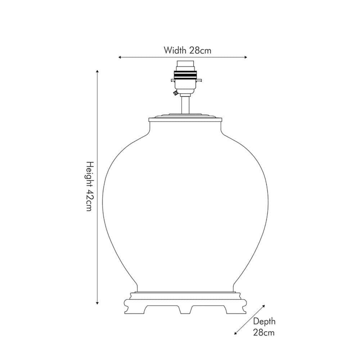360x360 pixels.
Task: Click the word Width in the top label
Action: [x=175, y=50]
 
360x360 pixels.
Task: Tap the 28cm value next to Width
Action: [x=200, y=50]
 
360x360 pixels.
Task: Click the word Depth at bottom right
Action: [x=264, y=321]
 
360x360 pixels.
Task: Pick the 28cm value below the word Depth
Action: [x=264, y=332]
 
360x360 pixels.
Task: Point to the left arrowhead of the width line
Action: [x=120, y=57]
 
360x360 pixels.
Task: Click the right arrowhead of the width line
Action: [x=246, y=57]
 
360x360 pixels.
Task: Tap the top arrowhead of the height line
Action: [x=97, y=71]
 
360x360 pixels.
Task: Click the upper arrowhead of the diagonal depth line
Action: [x=264, y=306]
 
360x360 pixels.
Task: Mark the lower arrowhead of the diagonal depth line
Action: [x=236, y=333]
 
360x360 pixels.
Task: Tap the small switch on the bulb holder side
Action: [x=175, y=93]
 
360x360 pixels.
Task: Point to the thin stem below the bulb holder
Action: [x=185, y=104]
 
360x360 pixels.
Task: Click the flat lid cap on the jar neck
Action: [x=185, y=117]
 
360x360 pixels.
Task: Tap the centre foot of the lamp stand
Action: [x=185, y=309]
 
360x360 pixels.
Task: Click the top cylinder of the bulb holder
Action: [x=185, y=66]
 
